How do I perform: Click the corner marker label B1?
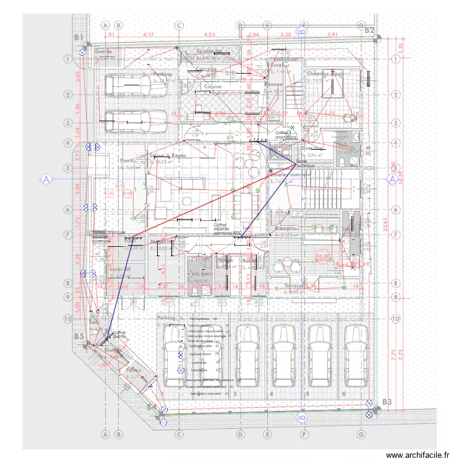pyautogui.click(x=79, y=38)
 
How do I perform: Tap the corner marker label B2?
pyautogui.click(x=369, y=30)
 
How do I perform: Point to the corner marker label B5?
pyautogui.click(x=79, y=336)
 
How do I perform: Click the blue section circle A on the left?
pyautogui.click(x=46, y=179)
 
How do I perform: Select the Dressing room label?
pyautogui.click(x=314, y=148)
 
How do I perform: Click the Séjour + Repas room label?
pyautogui.click(x=168, y=155)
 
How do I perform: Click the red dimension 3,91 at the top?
pyautogui.click(x=332, y=35)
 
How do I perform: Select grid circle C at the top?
pyautogui.click(x=179, y=25)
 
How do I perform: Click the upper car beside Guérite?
pyautogui.click(x=135, y=86)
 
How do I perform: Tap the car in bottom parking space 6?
pyautogui.click(x=354, y=354)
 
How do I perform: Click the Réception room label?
pyautogui.click(x=287, y=228)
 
